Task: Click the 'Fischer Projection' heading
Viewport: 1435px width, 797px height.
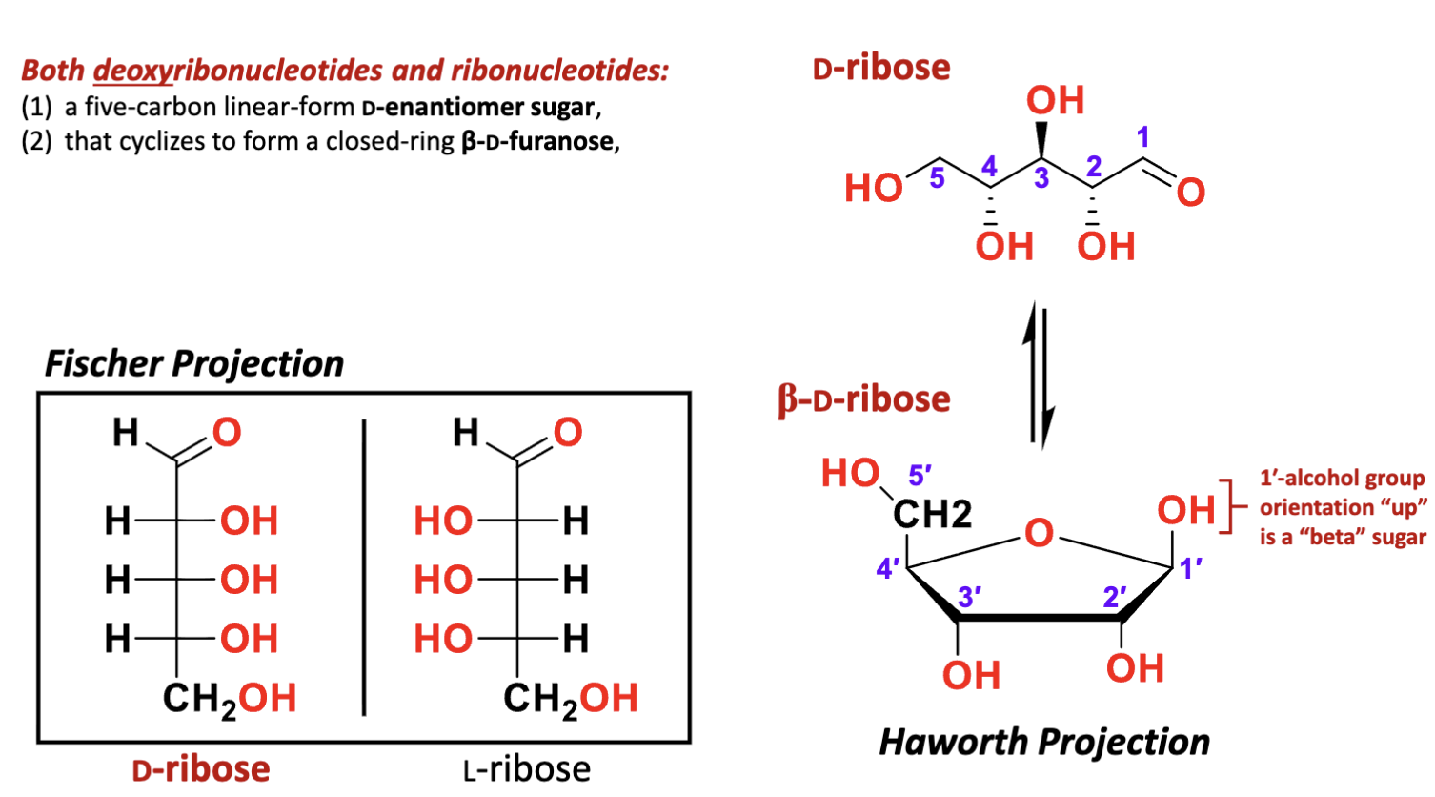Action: click(194, 364)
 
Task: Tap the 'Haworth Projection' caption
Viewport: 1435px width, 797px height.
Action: click(1044, 742)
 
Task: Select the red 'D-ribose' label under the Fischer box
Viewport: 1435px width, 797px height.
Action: click(201, 768)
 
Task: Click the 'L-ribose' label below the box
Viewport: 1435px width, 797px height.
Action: click(527, 768)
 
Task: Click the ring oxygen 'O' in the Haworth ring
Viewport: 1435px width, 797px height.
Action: click(1039, 532)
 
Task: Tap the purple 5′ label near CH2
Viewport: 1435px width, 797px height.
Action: click(920, 475)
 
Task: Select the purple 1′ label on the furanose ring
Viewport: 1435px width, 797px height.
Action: click(1191, 570)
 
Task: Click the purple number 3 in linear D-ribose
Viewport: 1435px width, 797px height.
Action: click(1041, 178)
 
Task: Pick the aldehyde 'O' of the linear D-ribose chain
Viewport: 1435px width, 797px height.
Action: click(1190, 193)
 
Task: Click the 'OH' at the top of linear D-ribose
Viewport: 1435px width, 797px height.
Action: click(1055, 100)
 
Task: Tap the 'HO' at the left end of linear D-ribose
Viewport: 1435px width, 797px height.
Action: click(873, 188)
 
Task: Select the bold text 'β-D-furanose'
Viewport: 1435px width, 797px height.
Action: click(537, 142)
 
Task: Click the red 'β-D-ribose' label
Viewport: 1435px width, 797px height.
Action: click(864, 399)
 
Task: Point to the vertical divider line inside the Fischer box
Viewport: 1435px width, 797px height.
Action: click(364, 566)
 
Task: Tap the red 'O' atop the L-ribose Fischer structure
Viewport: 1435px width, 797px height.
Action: click(568, 433)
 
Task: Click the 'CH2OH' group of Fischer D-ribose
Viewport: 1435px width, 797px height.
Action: click(229, 699)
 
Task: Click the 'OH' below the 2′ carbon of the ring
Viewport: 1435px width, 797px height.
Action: click(1135, 668)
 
